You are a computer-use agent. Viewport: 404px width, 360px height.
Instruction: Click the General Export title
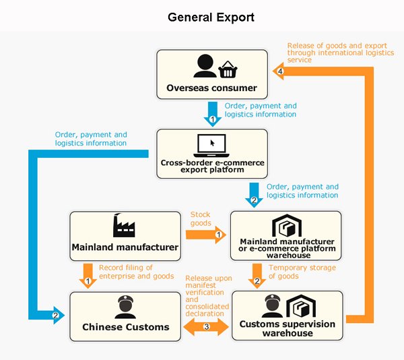211,18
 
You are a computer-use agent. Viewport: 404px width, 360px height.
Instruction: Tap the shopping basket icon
228,69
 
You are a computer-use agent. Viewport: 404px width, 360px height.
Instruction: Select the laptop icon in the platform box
211,146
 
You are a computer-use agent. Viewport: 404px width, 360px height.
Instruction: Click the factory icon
124,225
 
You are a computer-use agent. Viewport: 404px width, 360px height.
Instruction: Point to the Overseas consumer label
212,88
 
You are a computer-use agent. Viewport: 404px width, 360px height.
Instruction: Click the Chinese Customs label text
126,327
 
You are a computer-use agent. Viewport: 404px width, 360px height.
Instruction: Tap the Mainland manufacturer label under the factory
125,247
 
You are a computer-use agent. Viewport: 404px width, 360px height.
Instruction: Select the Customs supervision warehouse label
288,328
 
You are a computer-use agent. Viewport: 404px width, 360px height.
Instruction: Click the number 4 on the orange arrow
280,71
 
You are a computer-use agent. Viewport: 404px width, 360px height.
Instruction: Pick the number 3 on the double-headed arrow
207,327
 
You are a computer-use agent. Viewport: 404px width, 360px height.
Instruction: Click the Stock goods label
201,218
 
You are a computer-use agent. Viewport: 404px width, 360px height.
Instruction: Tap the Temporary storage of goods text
302,272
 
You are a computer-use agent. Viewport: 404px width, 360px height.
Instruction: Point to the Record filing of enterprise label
137,272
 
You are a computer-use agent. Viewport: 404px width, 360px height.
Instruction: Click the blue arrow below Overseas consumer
213,114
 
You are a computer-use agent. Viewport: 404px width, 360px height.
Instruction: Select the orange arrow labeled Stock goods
206,235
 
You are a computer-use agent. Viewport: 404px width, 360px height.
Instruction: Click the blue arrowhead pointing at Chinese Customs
59,315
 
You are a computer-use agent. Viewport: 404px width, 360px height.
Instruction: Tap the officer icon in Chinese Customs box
125,307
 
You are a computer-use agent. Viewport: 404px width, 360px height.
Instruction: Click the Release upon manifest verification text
207,296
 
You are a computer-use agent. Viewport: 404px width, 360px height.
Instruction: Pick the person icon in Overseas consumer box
205,66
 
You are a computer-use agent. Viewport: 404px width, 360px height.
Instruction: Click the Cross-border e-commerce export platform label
212,166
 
